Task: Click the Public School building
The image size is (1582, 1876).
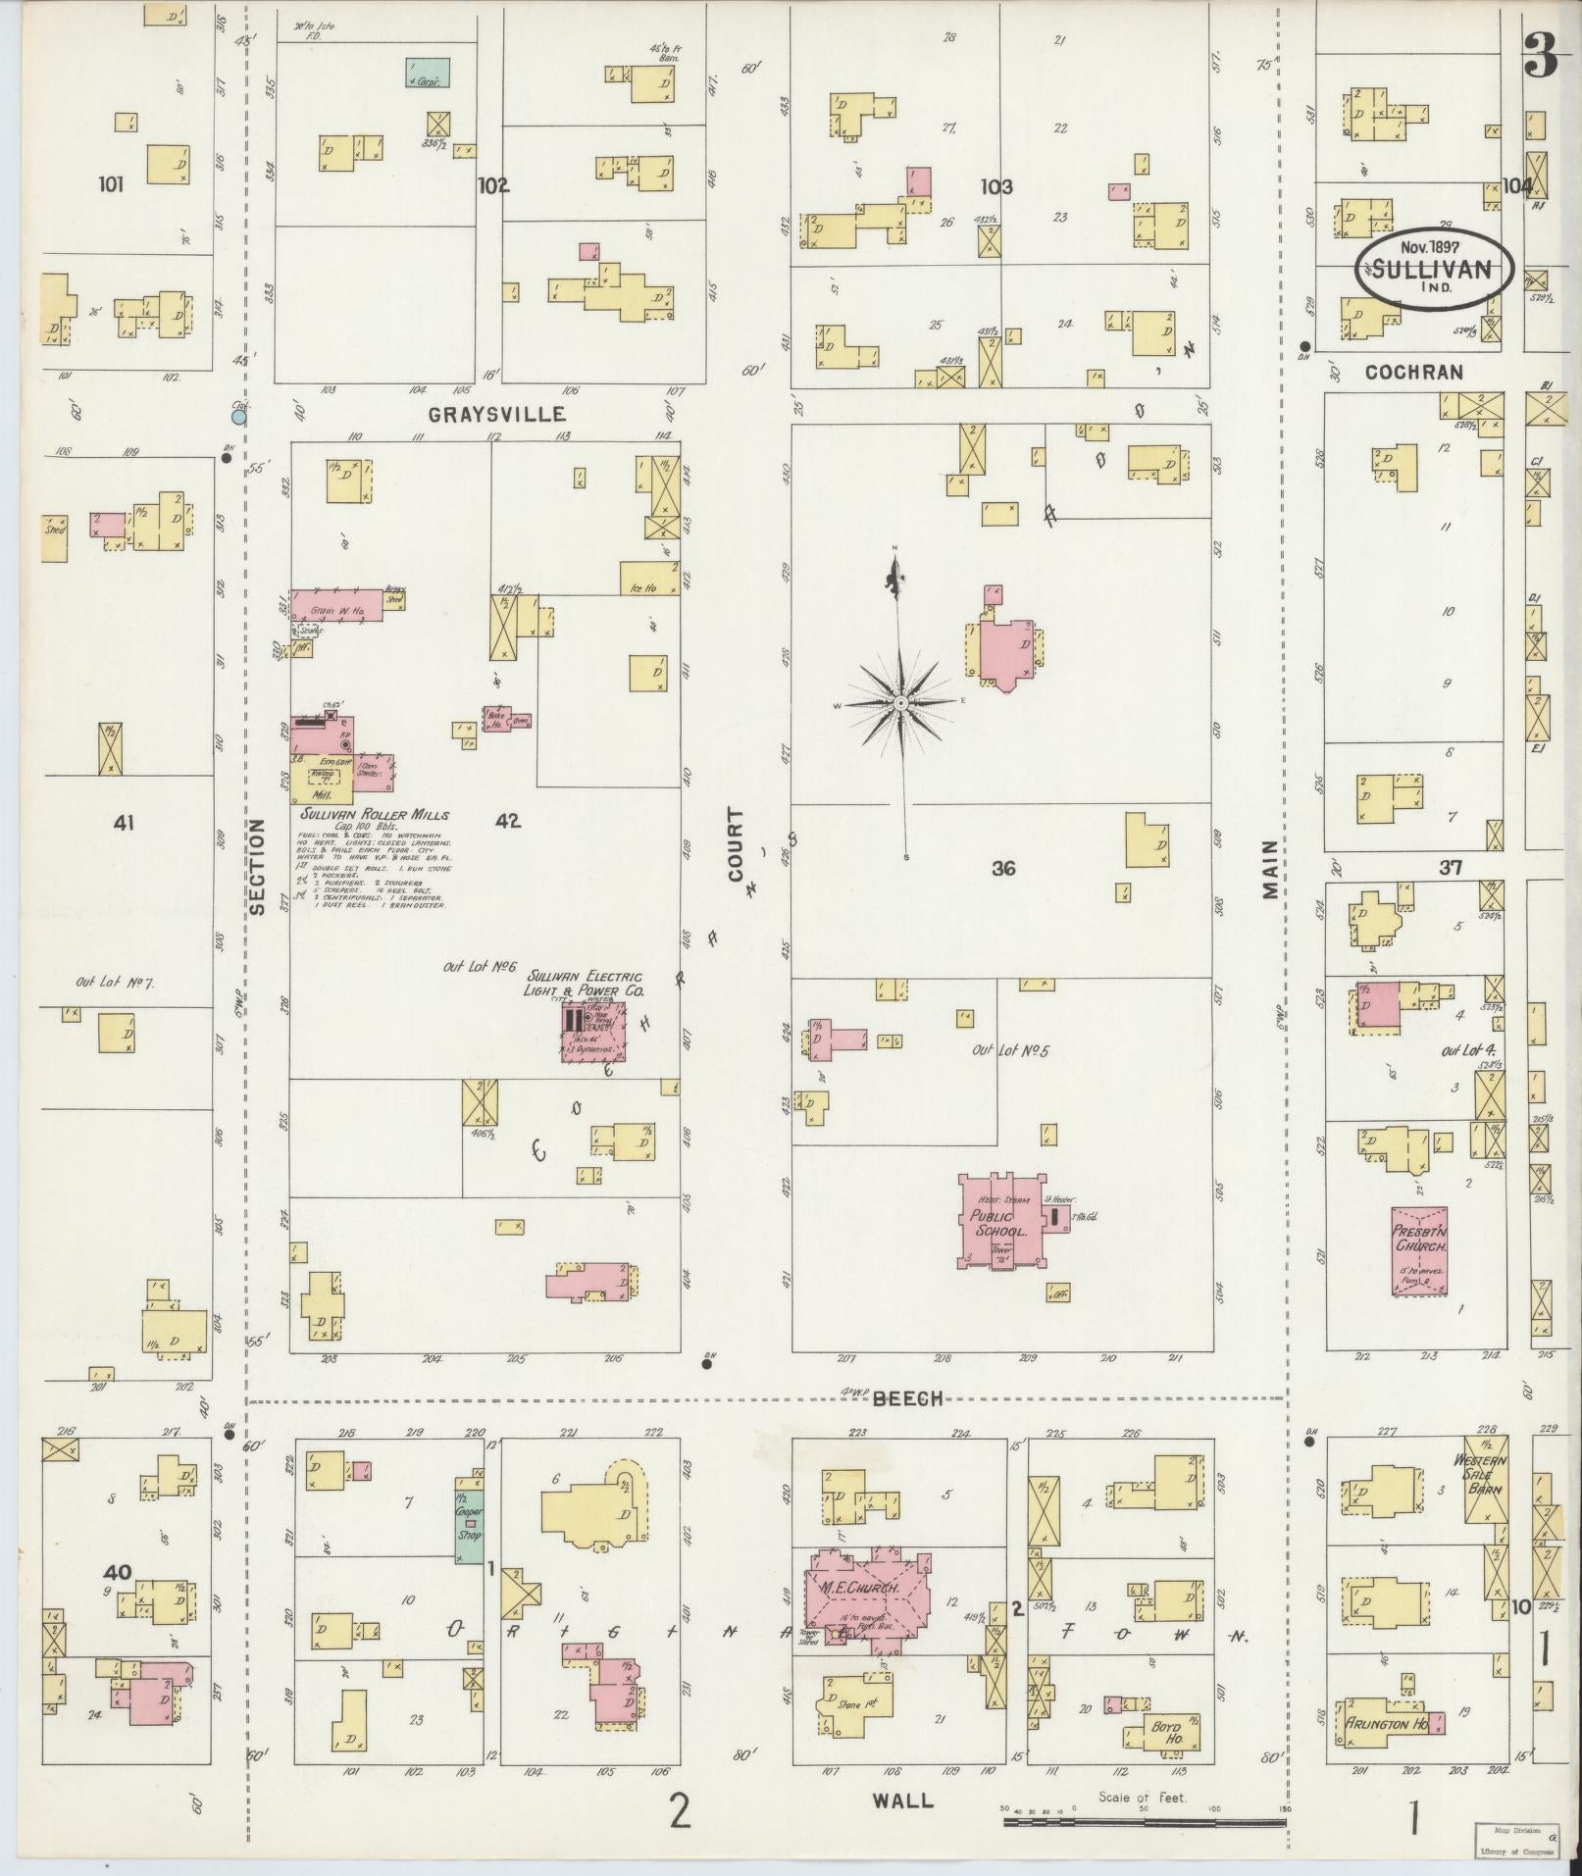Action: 999,1222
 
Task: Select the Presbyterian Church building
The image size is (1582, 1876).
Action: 1419,1251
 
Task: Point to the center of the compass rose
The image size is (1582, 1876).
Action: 899,703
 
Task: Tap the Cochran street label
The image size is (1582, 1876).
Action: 1411,372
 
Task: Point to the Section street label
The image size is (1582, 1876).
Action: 257,867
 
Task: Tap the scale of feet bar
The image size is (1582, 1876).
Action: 1144,1822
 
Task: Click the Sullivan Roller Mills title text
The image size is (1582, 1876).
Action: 375,815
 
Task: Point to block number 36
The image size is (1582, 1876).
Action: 1002,868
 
